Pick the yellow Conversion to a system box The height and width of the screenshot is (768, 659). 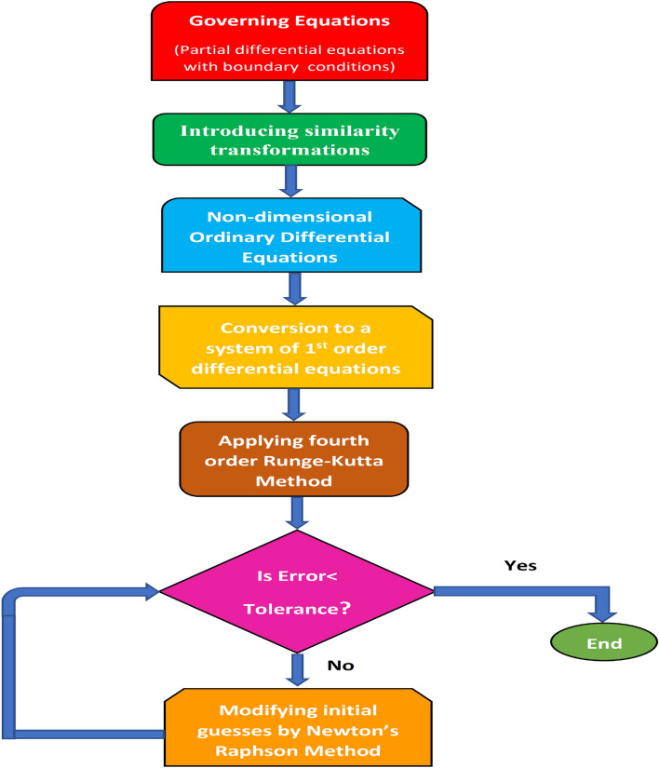click(294, 346)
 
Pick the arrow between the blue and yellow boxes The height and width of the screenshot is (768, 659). click(295, 290)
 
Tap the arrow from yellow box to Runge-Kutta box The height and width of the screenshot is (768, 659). click(295, 403)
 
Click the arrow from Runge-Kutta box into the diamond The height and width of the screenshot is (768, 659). click(295, 513)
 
